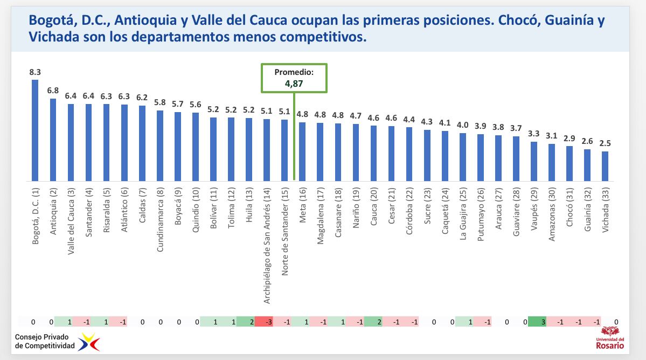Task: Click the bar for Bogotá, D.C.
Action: click(35, 130)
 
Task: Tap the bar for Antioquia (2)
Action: click(53, 140)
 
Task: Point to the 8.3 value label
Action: click(35, 72)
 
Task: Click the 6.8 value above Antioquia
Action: click(53, 91)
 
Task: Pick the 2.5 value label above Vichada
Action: click(605, 143)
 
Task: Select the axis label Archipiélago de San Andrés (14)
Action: click(267, 238)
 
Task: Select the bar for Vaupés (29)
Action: click(534, 161)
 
